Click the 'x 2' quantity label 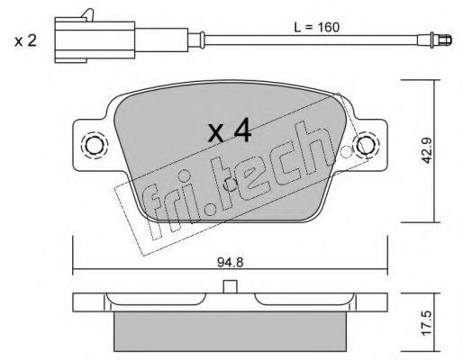(x=25, y=40)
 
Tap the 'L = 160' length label (x=316, y=27)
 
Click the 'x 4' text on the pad (x=230, y=130)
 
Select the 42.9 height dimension (x=426, y=150)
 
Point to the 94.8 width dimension (x=231, y=263)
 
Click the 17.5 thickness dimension (x=427, y=322)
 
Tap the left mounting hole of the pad (x=95, y=146)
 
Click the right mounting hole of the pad (x=366, y=145)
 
